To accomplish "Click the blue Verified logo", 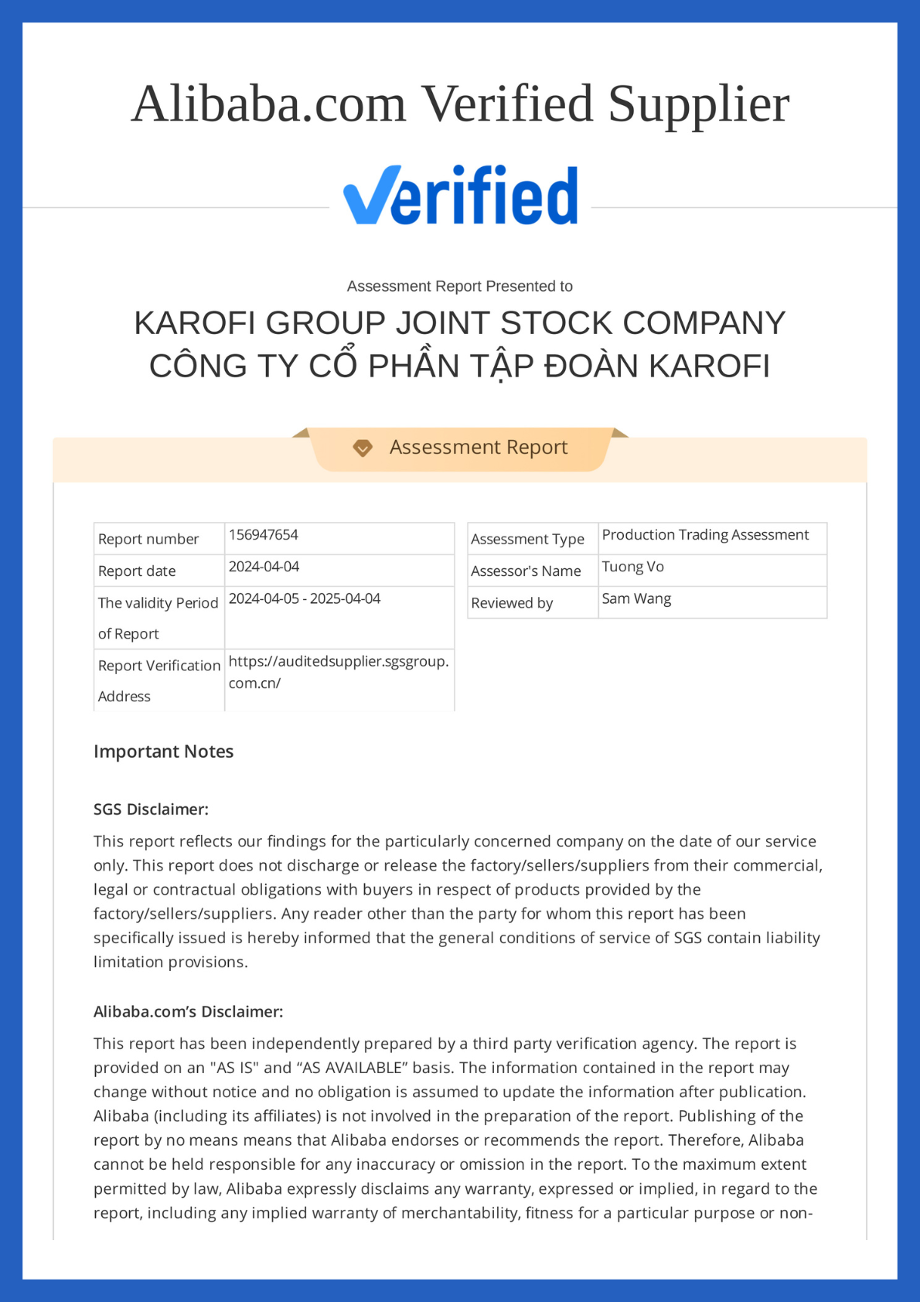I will (461, 196).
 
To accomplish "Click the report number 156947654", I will (264, 535).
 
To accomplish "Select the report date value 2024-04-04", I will (264, 567).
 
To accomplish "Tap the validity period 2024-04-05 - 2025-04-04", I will (305, 598).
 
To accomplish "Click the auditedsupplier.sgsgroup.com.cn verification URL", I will (338, 672).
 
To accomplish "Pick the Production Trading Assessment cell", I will (705, 535).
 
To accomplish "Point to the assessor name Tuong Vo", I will (632, 567).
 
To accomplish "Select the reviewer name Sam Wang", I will (636, 598).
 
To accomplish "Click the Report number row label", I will (148, 539).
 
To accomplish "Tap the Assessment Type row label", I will (527, 539).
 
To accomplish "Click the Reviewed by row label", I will (512, 603).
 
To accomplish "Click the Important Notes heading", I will (163, 752).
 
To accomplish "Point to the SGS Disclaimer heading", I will (151, 809).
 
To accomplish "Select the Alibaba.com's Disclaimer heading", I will (188, 1011).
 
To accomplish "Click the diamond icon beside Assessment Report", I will (363, 448).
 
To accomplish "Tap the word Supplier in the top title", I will (699, 104).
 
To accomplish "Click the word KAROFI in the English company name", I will (195, 323).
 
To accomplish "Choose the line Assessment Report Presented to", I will (460, 286).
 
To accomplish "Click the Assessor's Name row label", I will (526, 571).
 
